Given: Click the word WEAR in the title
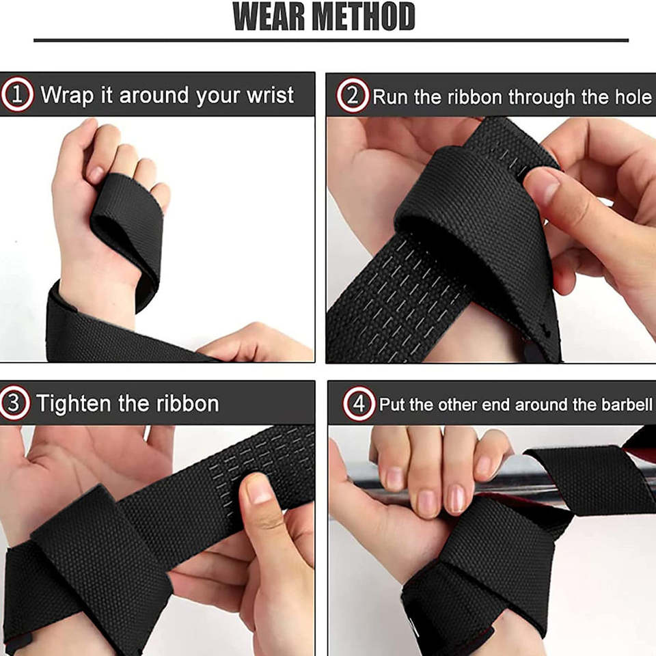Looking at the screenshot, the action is (270, 16).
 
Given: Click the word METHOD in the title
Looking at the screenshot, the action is (364, 16).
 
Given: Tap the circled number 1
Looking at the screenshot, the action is (17, 94).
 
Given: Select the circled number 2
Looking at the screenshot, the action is (353, 96).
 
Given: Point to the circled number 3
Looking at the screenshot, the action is (14, 403).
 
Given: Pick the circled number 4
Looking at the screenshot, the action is (359, 404).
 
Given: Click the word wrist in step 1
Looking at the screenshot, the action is (271, 95).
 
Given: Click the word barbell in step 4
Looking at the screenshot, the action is (627, 405).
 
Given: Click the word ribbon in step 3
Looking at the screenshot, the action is (188, 403).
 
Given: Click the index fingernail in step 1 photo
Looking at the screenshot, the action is (96, 174).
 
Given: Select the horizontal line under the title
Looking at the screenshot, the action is (331, 40).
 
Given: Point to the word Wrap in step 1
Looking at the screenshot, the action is (67, 96).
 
